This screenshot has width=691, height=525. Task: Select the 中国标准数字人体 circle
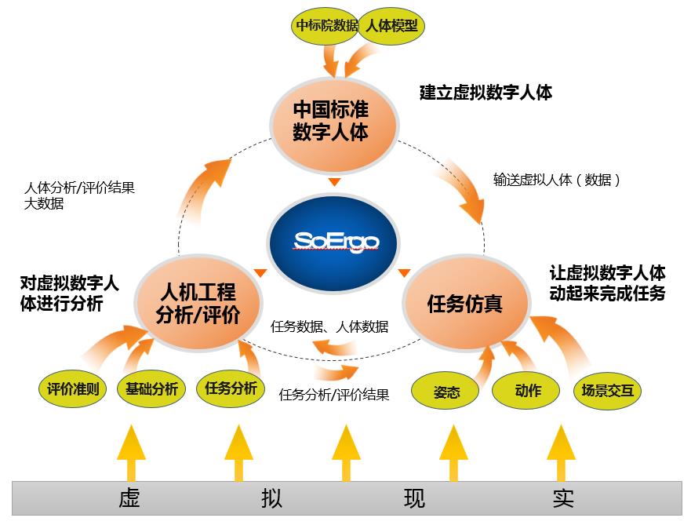pyautogui.click(x=335, y=119)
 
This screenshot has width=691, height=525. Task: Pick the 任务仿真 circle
pyautogui.click(x=464, y=303)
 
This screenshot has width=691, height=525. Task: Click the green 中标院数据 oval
pyautogui.click(x=325, y=25)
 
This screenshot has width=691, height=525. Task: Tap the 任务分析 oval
pyautogui.click(x=231, y=388)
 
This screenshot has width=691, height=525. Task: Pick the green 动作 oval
pyautogui.click(x=527, y=390)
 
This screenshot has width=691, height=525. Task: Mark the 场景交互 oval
pyautogui.click(x=607, y=390)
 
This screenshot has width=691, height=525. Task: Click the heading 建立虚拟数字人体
pyautogui.click(x=486, y=93)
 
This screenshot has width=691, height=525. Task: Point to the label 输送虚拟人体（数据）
pyautogui.click(x=557, y=180)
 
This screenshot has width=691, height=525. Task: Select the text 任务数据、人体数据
pyautogui.click(x=329, y=326)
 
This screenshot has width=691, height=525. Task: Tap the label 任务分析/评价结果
pyautogui.click(x=334, y=395)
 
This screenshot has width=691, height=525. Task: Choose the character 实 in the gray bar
pyautogui.click(x=562, y=499)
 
